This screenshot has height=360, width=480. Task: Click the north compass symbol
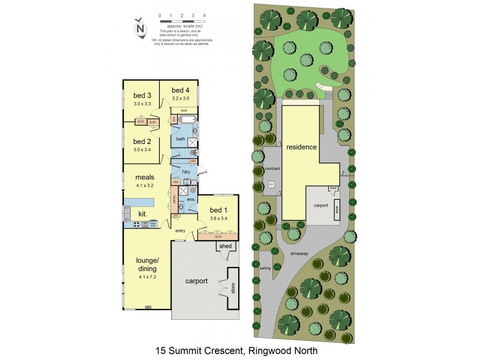pos(140,28)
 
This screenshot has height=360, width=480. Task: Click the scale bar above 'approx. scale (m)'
pos(182,20)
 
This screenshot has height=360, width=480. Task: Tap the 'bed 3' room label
pos(142,96)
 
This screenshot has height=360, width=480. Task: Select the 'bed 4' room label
pos(181,91)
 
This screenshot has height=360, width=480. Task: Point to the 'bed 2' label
pos(142,142)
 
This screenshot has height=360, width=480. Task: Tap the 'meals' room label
pos(145,178)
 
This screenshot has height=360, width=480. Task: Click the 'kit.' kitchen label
pos(143,214)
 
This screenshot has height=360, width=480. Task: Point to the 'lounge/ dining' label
pos(146,265)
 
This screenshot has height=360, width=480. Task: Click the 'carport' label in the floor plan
pos(196,281)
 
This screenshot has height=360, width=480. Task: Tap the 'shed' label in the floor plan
pos(226,246)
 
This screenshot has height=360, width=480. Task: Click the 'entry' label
pos(180,231)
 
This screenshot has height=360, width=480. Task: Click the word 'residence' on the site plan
pos(301,147)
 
